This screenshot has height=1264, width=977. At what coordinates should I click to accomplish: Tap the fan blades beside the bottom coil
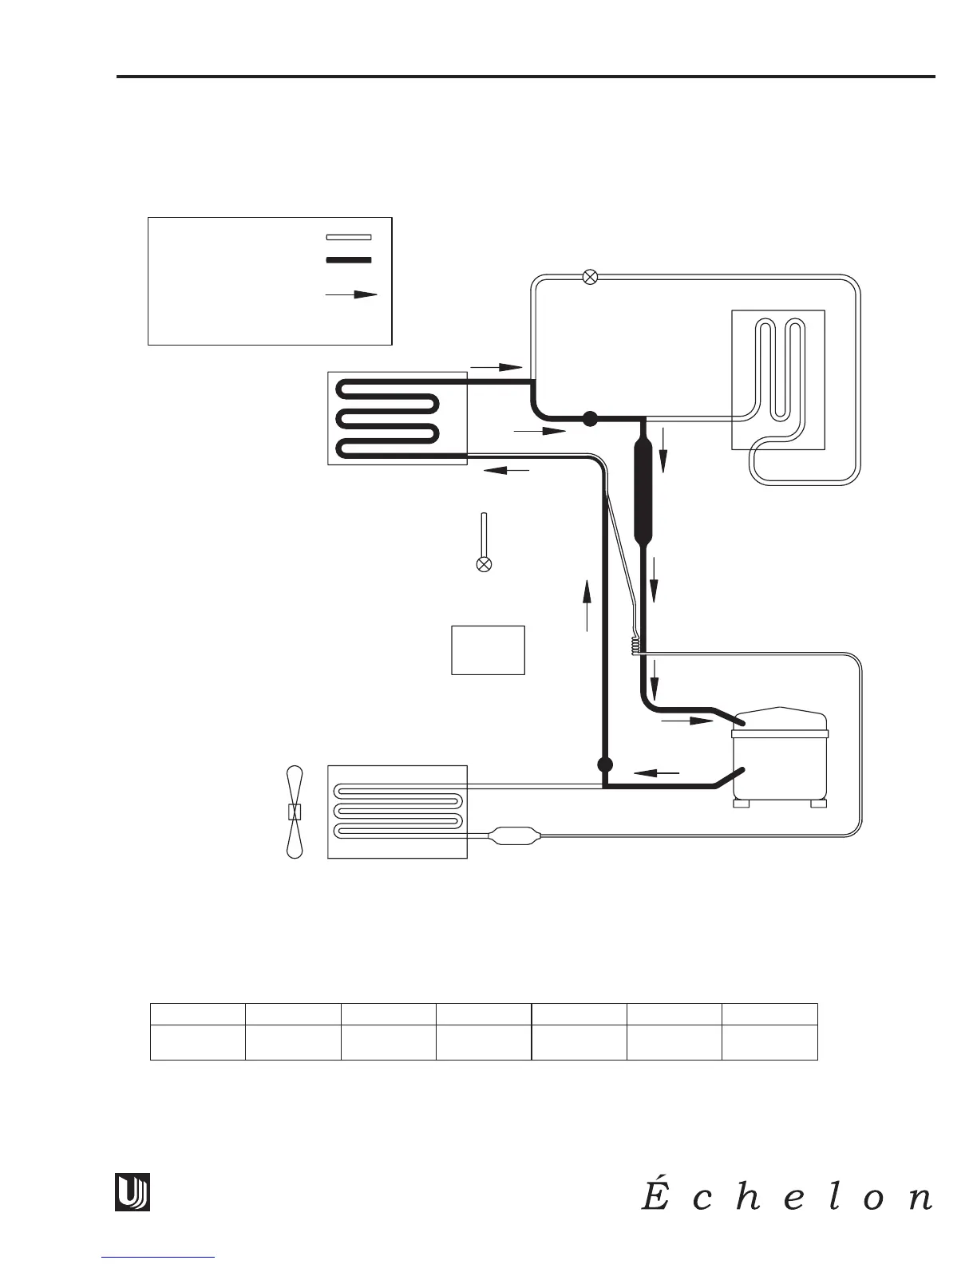[295, 812]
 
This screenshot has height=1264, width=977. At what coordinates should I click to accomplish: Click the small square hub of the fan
[295, 812]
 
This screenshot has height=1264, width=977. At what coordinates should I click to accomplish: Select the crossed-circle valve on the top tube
[590, 278]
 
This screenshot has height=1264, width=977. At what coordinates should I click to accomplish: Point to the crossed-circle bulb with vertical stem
[483, 563]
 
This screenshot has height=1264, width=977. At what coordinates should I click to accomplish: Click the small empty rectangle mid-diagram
[488, 650]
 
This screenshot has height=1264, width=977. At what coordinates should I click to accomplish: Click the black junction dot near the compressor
[604, 764]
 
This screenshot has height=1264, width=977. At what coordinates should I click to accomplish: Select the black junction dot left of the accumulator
[590, 418]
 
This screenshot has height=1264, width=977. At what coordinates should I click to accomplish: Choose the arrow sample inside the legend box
[351, 294]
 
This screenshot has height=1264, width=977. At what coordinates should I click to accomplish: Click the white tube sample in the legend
[349, 237]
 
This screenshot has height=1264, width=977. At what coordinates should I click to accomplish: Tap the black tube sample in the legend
[349, 260]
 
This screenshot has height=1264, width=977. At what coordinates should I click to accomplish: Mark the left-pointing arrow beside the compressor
[656, 772]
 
